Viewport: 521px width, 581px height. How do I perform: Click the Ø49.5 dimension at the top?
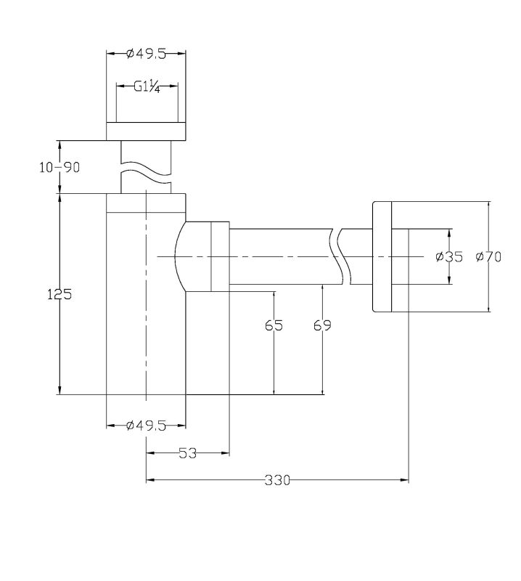[x=146, y=54]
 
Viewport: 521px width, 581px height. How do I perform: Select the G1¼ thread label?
[x=147, y=87]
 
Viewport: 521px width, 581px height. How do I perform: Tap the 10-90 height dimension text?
[x=60, y=168]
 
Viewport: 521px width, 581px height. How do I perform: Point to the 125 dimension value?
[x=60, y=295]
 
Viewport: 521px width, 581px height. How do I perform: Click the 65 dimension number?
[x=274, y=325]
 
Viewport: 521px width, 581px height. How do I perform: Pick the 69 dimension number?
[x=322, y=325]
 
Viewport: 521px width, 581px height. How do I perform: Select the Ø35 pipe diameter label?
[x=449, y=256]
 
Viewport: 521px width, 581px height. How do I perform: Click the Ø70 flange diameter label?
[x=488, y=256]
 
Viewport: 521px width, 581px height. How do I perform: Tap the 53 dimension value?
[x=187, y=452]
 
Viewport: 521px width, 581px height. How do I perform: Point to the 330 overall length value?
[x=277, y=480]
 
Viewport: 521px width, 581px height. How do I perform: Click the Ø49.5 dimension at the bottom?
[x=146, y=426]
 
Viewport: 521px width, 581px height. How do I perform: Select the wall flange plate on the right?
[x=382, y=256]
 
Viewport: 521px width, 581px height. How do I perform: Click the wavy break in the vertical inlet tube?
[x=147, y=173]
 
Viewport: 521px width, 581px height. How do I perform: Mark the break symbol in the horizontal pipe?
[x=340, y=256]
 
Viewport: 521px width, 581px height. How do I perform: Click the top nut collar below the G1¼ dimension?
[x=146, y=131]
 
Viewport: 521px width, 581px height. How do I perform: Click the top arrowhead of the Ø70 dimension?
[x=489, y=206]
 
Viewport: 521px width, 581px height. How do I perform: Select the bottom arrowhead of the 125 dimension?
[x=60, y=390]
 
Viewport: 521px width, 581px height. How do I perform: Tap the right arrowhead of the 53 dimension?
[x=226, y=452]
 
